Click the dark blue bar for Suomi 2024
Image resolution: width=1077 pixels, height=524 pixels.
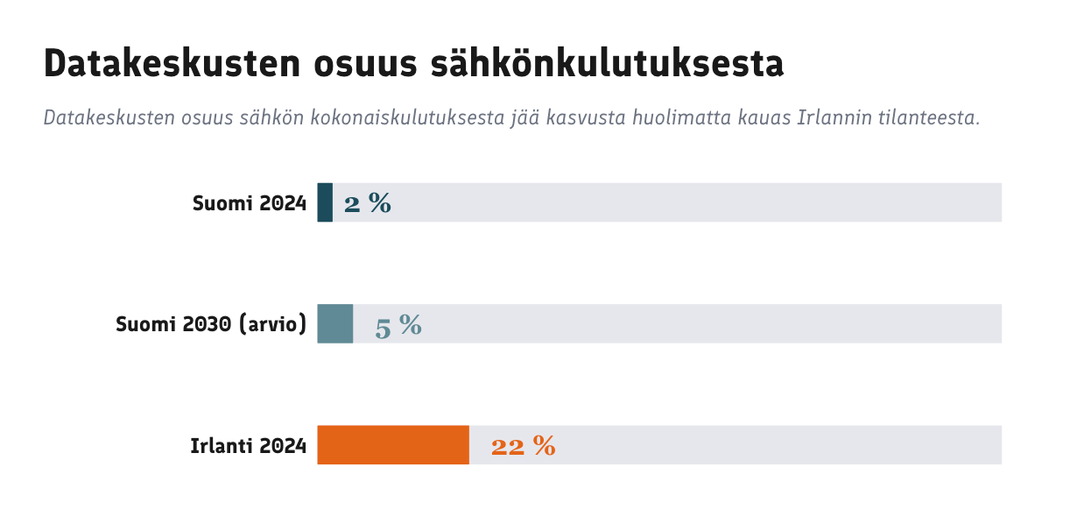(325, 202)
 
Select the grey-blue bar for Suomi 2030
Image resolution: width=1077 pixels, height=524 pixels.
(334, 323)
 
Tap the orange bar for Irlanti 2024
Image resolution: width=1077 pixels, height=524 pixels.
(393, 445)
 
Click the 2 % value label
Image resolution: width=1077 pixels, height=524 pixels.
(368, 203)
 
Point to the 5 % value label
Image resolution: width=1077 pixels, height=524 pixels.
(398, 325)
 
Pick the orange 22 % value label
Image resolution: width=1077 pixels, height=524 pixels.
(523, 446)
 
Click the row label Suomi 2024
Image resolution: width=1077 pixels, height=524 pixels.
(250, 203)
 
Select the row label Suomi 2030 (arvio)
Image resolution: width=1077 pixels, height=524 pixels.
(211, 324)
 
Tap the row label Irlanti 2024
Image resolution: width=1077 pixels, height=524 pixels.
(249, 446)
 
